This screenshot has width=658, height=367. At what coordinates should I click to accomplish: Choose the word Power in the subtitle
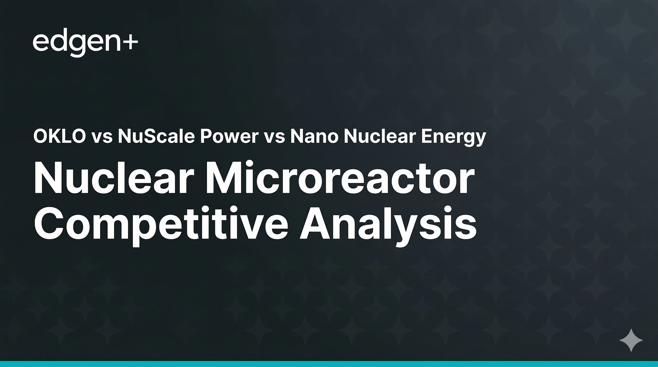coord(229,136)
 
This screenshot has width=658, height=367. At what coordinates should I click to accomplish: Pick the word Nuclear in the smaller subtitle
coord(380,136)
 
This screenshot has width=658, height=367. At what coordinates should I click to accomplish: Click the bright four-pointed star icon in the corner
coord(631,340)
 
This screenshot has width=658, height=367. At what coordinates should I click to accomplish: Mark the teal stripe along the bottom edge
coord(329,364)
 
